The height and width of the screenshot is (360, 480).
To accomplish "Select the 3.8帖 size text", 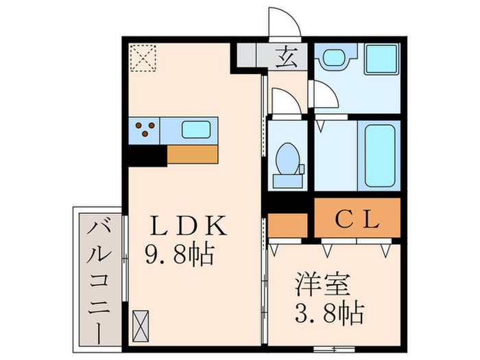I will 329,315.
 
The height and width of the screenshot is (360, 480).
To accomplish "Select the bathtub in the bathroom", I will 381,155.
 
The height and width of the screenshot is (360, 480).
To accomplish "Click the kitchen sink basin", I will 197,129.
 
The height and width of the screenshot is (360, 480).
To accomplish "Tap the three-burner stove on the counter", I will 145,129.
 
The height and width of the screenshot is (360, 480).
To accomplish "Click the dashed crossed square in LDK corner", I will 143,58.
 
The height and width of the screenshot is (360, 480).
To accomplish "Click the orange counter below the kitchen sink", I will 193,154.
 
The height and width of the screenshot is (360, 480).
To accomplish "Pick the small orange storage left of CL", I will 287,225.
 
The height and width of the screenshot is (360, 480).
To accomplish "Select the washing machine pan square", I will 381,60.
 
